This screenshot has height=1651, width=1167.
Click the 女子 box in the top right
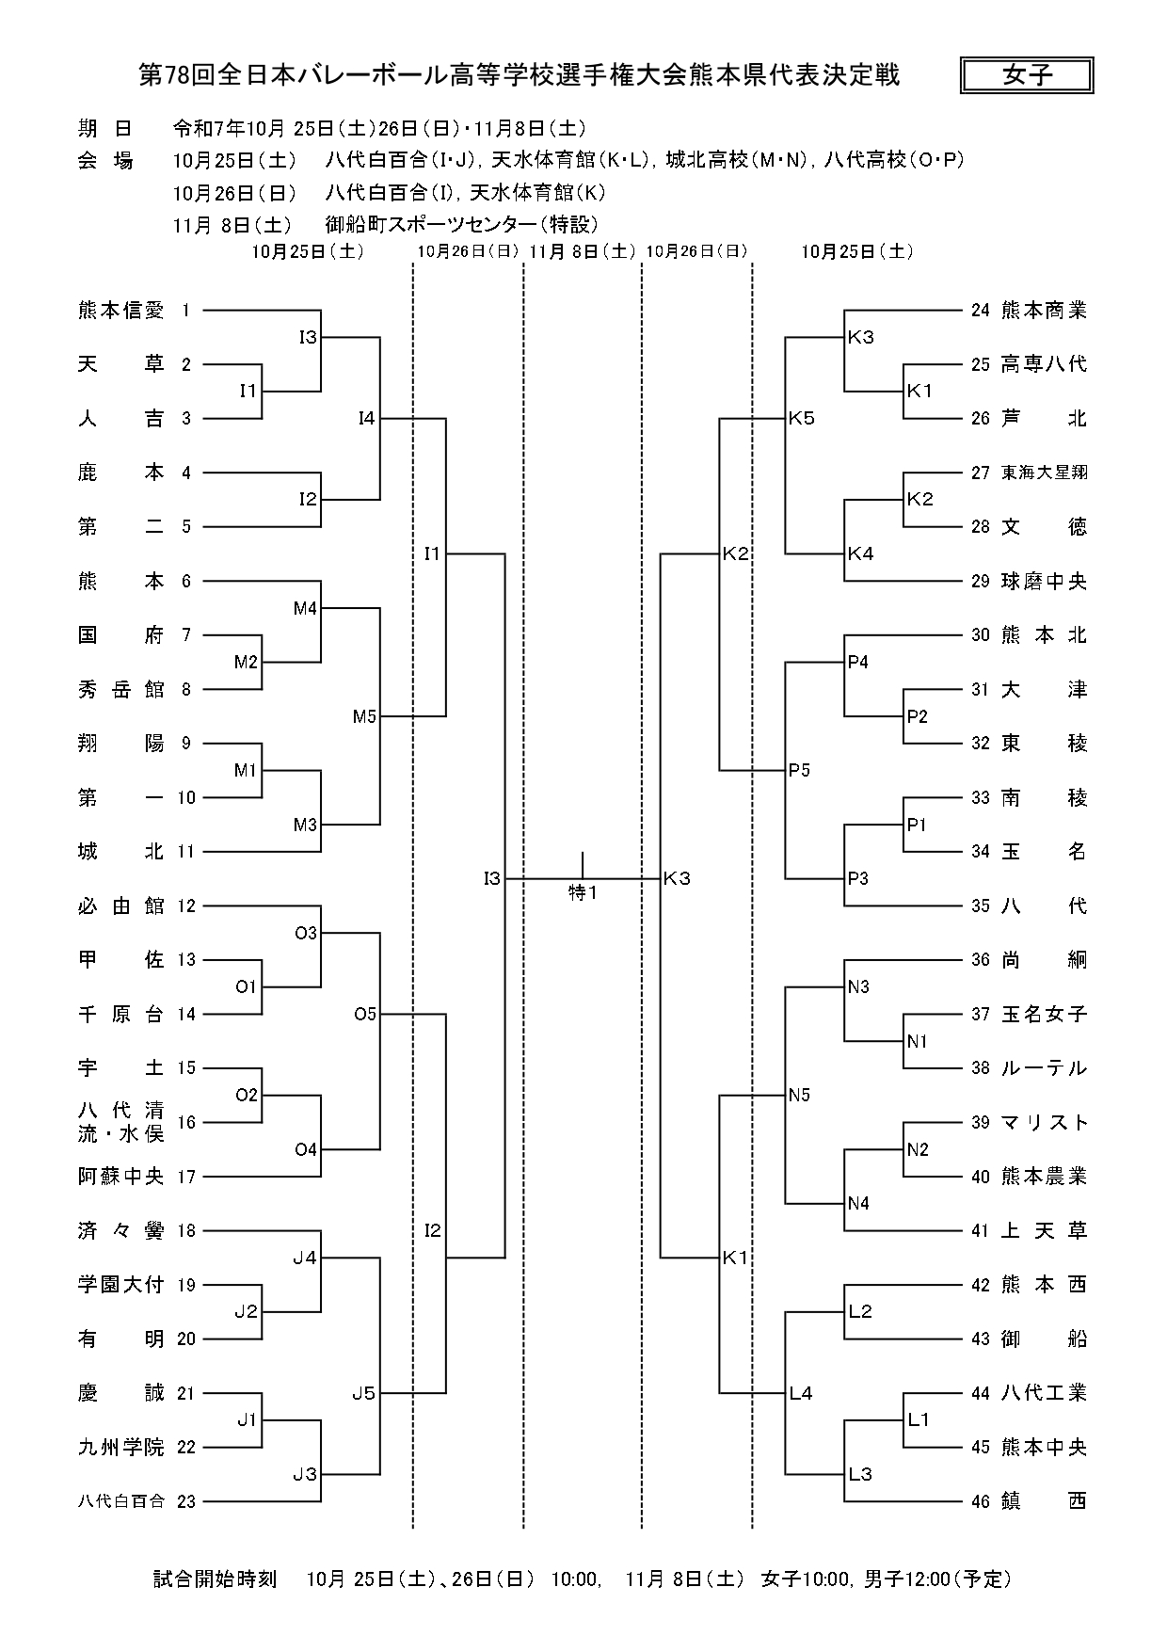(x=1027, y=75)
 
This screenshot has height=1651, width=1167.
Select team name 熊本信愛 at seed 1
(x=120, y=310)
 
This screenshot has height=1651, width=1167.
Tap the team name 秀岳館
(x=120, y=689)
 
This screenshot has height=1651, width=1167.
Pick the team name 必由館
(x=120, y=906)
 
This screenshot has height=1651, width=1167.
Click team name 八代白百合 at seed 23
(x=120, y=1501)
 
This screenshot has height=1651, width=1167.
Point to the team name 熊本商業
(x=1044, y=310)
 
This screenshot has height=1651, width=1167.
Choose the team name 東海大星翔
(x=1044, y=473)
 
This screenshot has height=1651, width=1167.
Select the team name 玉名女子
(x=1044, y=1014)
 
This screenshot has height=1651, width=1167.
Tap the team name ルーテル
(x=1044, y=1068)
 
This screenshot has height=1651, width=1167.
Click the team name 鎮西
(x=1044, y=1501)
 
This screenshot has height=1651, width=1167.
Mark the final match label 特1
(x=583, y=893)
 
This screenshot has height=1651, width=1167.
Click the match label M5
(x=364, y=716)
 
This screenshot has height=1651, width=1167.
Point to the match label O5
(x=364, y=1014)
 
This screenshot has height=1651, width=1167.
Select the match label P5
(x=800, y=770)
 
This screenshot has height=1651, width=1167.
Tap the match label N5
(x=800, y=1095)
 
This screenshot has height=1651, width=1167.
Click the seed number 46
(x=981, y=1501)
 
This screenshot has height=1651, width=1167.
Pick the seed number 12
(x=186, y=906)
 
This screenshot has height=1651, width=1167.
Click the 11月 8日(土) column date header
(x=582, y=251)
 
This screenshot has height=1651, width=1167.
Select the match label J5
(x=364, y=1393)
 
